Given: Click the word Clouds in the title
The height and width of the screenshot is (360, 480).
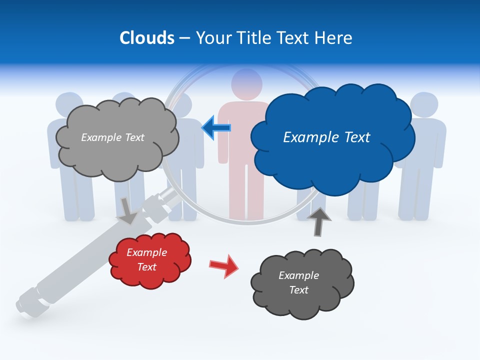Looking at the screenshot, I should pyautogui.click(x=146, y=37).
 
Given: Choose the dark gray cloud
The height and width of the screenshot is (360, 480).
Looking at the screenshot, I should pyautogui.click(x=302, y=300).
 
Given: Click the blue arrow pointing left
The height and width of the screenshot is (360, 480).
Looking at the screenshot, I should pyautogui.click(x=216, y=127).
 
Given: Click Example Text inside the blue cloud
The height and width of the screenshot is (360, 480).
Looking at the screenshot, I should pyautogui.click(x=326, y=137).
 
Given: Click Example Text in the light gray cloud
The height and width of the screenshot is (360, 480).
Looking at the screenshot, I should pyautogui.click(x=112, y=137).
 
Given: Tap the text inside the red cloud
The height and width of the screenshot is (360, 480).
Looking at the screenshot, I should pyautogui.click(x=147, y=259).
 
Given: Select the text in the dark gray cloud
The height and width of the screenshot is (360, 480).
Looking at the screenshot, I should pyautogui.click(x=298, y=282).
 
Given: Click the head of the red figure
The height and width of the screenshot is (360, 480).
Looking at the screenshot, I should pyautogui.click(x=247, y=83).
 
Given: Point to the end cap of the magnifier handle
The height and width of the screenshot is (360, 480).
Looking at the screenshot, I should pyautogui.click(x=25, y=305).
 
